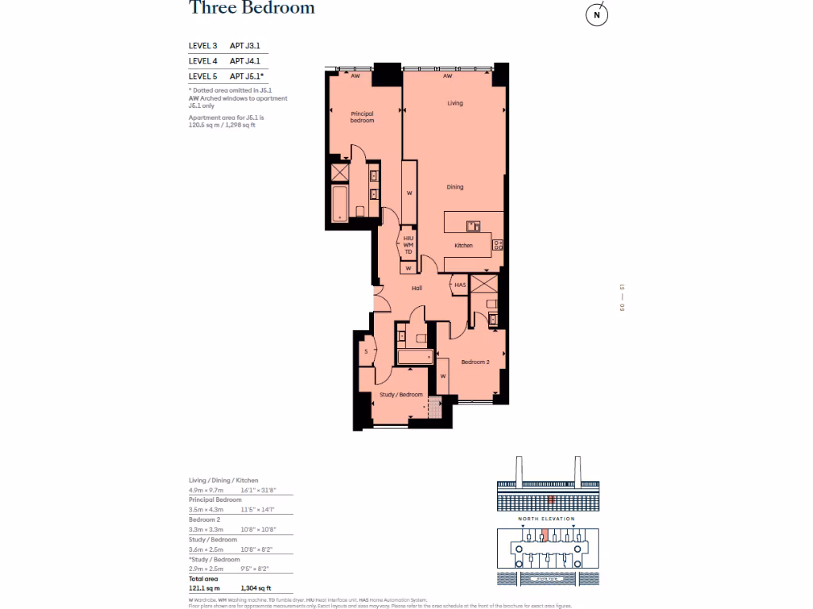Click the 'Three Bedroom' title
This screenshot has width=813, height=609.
pyautogui.click(x=252, y=8)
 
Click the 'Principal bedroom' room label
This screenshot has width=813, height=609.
pyautogui.click(x=362, y=117)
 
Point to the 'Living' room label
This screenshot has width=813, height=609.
pyautogui.click(x=454, y=103)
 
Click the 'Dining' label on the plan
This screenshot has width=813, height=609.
pyautogui.click(x=454, y=187)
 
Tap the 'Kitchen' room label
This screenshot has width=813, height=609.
pyautogui.click(x=464, y=245)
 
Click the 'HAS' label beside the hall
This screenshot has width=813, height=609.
pyautogui.click(x=460, y=285)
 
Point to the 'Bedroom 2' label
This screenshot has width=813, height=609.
pyautogui.click(x=475, y=362)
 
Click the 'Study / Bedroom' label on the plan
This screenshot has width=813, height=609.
pyautogui.click(x=400, y=394)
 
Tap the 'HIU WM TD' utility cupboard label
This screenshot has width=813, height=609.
pyautogui.click(x=409, y=244)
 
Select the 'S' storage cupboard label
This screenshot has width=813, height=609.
pyautogui.click(x=366, y=351)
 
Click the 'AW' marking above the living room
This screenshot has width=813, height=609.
pyautogui.click(x=448, y=77)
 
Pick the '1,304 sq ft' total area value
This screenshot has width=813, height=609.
pyautogui.click(x=258, y=588)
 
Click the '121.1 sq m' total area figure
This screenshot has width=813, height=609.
pyautogui.click(x=204, y=588)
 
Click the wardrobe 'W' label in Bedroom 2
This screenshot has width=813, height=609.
pyautogui.click(x=443, y=376)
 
